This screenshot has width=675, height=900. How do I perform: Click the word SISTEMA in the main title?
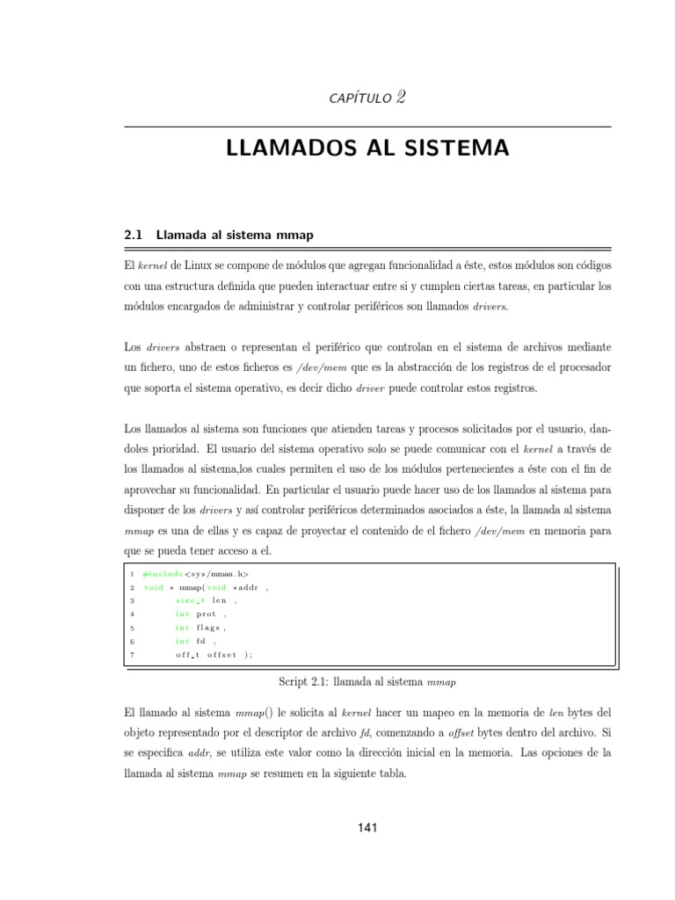462,149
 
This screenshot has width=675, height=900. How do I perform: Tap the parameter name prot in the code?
206,614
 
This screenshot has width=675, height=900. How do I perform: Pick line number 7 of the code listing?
132,655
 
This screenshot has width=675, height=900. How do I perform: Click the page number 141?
368,827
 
